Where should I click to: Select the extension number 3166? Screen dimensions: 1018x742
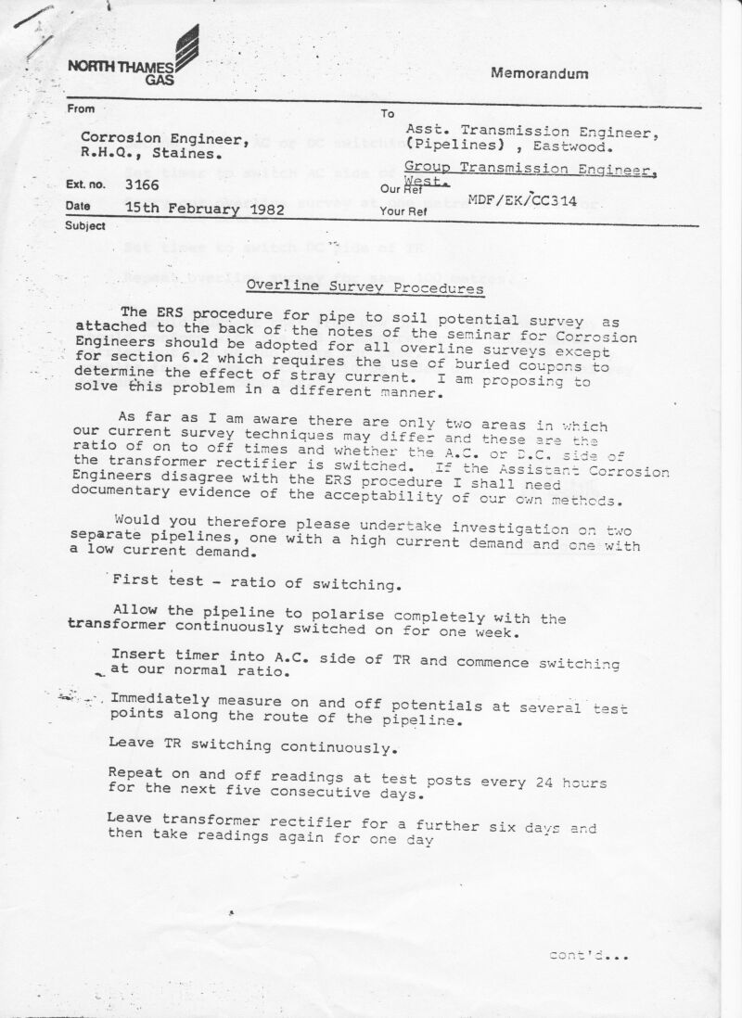point(142,185)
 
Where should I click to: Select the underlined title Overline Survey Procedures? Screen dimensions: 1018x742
point(365,286)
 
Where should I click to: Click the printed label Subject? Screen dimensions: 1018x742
point(85,226)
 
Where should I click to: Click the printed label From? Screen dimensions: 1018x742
point(81,109)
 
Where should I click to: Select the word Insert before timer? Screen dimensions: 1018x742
point(139,654)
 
